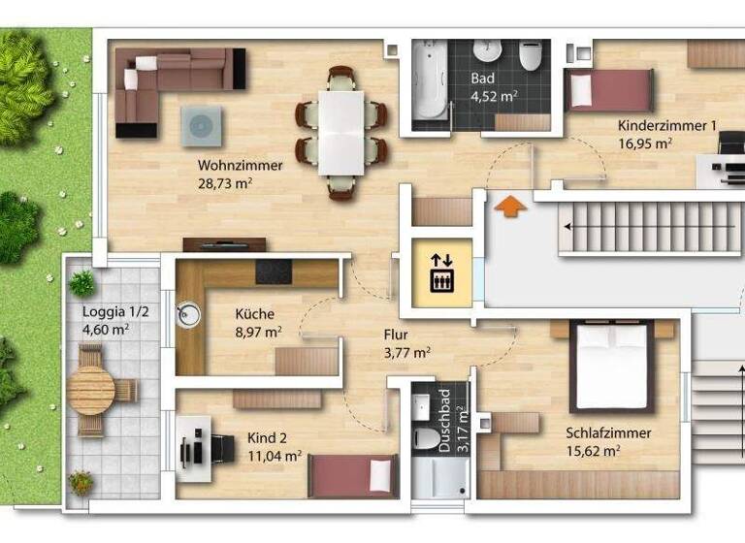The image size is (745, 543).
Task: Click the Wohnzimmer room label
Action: [240, 165]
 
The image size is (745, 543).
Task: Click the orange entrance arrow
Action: [510, 207]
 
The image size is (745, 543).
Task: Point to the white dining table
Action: [341, 132]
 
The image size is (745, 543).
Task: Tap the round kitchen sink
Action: [188, 312]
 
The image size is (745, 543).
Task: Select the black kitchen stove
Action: [274, 271]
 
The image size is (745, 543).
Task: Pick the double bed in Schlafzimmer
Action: [611, 366]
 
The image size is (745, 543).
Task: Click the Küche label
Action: [254, 314]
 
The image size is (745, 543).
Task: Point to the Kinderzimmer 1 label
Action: [667, 125]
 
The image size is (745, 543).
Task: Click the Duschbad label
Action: [444, 432]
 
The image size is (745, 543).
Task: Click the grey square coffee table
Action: [201, 126]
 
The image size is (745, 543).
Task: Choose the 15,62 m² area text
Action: [594, 450]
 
